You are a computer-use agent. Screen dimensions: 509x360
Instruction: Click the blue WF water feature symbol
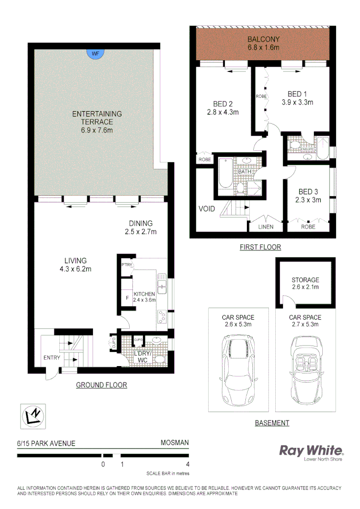(x=96, y=53)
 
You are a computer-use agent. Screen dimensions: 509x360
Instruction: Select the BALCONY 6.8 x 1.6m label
(x=263, y=44)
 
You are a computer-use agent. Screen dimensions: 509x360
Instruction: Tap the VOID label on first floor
(x=207, y=208)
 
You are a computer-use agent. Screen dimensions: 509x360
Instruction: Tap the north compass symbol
(x=33, y=417)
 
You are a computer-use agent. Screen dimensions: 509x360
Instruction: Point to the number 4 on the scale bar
(x=188, y=464)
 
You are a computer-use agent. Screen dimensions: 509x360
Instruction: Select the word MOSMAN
(x=175, y=443)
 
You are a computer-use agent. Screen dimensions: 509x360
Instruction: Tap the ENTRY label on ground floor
(x=51, y=358)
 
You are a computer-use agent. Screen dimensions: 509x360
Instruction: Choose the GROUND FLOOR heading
(x=101, y=385)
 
